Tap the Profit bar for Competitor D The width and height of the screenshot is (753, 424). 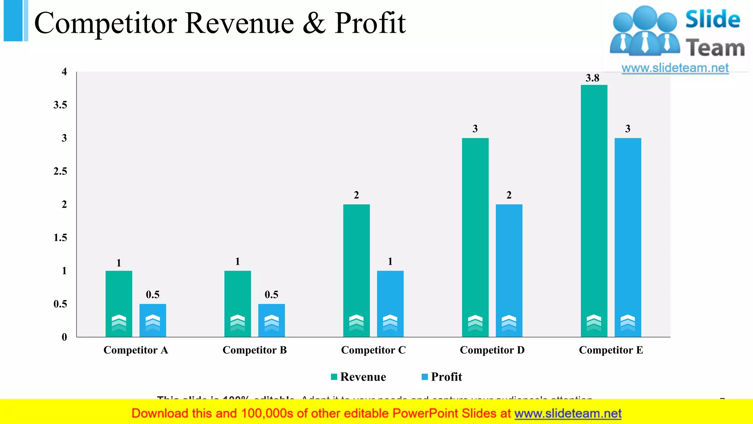coord(509,265)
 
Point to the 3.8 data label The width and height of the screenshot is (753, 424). coord(592,78)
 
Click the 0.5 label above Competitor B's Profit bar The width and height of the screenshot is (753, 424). coord(271,294)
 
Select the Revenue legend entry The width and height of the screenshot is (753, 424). coord(358,377)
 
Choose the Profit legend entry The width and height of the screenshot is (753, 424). coord(442,377)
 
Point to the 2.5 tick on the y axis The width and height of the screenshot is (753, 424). coord(60,171)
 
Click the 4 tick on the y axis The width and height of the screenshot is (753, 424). coord(64,72)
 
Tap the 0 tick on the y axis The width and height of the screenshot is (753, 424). coord(64,337)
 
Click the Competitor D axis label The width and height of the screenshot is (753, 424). coord(492,350)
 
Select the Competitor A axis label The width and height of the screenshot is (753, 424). coord(136,350)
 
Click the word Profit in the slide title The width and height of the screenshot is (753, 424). coord(370,23)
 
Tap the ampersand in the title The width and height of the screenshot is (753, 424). coord(314,23)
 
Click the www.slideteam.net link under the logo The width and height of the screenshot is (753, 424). coord(675,68)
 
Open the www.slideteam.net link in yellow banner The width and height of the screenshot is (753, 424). coord(568,413)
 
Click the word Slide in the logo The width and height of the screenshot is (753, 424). coord(713,19)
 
